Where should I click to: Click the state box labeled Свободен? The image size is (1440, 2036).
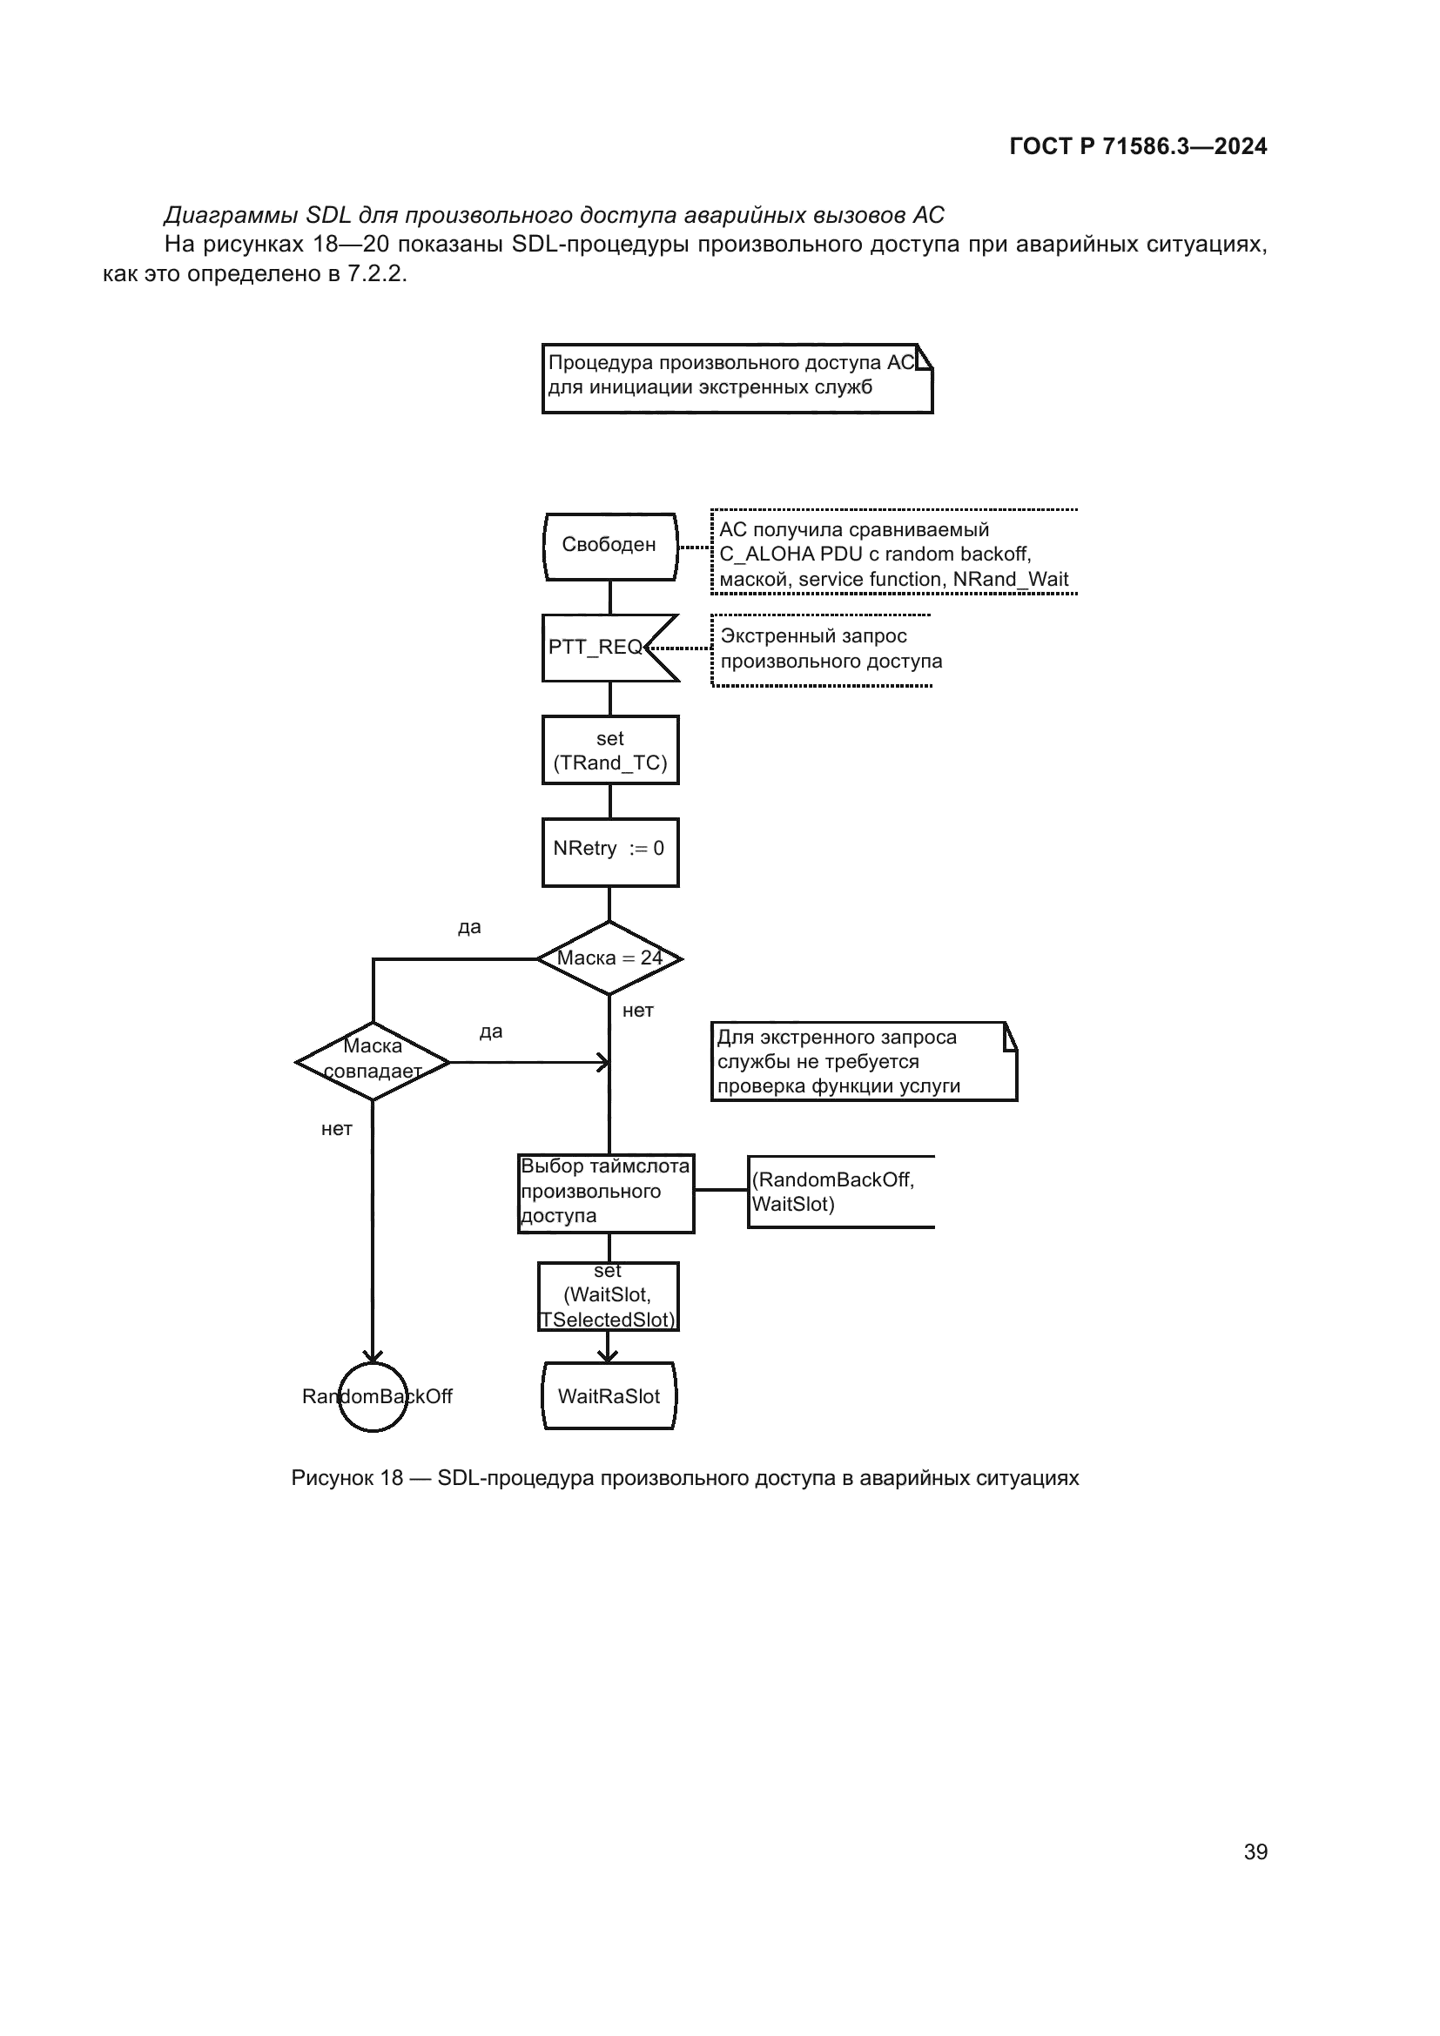[610, 547]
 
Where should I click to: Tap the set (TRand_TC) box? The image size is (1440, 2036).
[610, 750]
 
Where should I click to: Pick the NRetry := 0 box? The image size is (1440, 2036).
[610, 851]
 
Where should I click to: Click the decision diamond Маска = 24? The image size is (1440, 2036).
[609, 958]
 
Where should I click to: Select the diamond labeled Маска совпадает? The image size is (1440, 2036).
[373, 1060]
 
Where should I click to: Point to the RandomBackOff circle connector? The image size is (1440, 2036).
[373, 1398]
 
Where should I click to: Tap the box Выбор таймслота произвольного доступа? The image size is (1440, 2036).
[606, 1193]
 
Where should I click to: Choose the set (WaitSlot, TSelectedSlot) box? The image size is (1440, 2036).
[609, 1296]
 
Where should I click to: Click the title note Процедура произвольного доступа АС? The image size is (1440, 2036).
[737, 378]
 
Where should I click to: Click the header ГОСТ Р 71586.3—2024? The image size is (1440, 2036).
[1138, 147]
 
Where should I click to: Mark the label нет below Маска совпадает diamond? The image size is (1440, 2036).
[337, 1129]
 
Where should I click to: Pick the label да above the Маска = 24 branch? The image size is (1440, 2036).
[469, 928]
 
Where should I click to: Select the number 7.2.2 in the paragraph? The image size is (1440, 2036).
[375, 274]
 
